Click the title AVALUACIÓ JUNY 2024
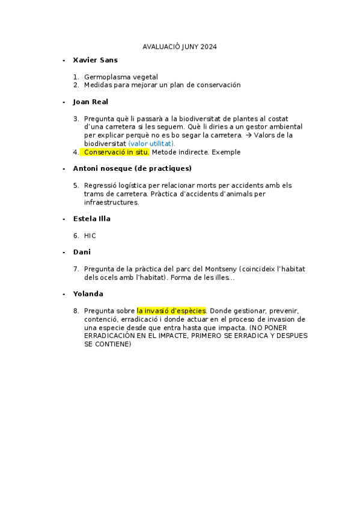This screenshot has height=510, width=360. coord(180,46)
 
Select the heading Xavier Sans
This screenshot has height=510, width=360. coord(95,60)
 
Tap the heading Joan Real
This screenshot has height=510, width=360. coord(90,102)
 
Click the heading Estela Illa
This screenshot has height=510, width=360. coord(91,219)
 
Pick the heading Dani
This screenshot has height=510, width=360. coord(82,252)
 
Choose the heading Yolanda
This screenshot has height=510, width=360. coord(88,294)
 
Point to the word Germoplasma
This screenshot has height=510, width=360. coord(106,77)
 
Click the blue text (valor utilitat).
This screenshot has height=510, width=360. coord(151,144)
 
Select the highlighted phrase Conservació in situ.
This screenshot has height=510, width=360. coord(117,152)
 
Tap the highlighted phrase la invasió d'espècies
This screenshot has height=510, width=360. coord(171,311)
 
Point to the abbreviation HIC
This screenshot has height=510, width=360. coord(90,236)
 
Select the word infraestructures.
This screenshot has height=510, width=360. coord(111,203)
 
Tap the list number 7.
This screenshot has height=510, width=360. coord(76,269)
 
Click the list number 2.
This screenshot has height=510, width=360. coord(76,85)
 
